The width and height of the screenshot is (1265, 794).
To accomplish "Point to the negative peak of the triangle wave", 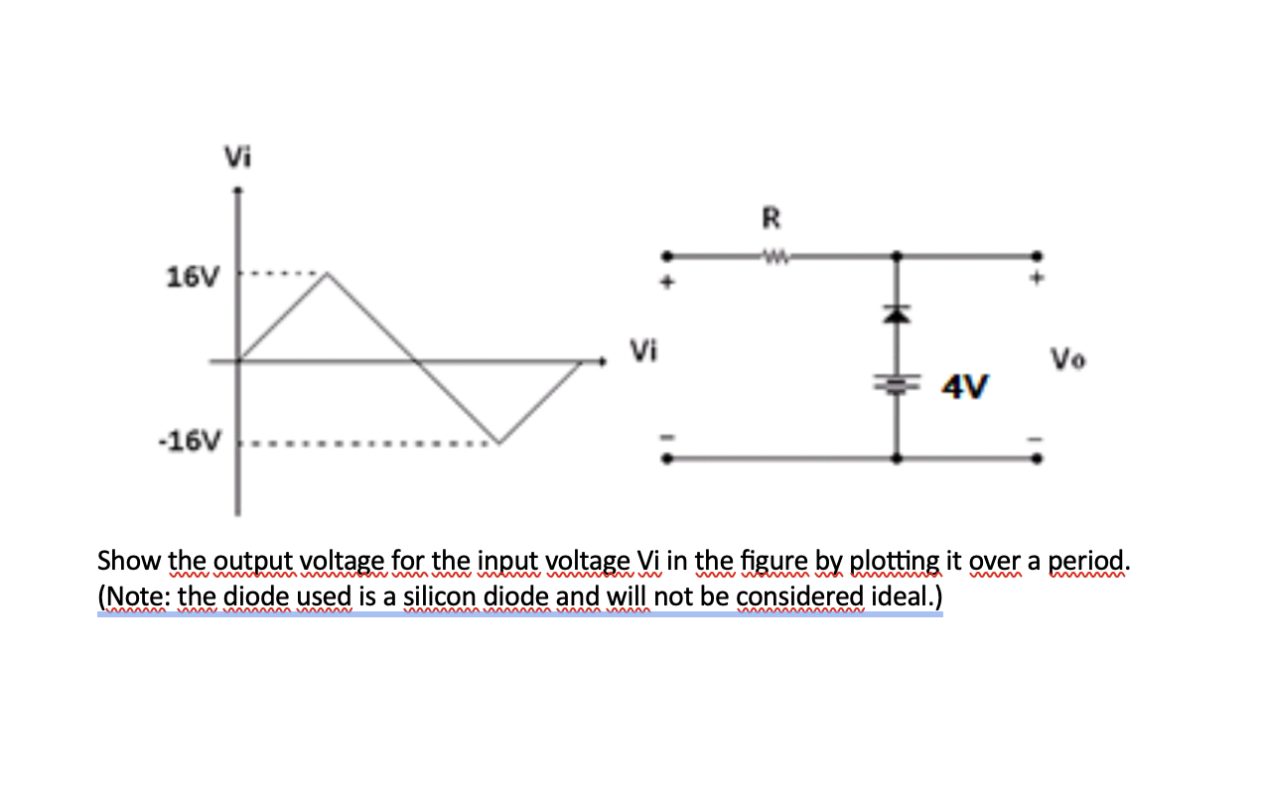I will coord(496,443).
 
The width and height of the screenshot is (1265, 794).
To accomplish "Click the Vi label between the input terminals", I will coord(643,349).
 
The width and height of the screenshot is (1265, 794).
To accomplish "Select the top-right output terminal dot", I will coord(1039,254).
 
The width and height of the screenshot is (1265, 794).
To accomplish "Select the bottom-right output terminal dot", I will coord(1039,459).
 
